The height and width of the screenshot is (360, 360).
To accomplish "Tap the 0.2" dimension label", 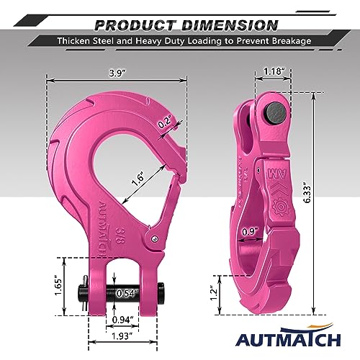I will coord(165,123).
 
